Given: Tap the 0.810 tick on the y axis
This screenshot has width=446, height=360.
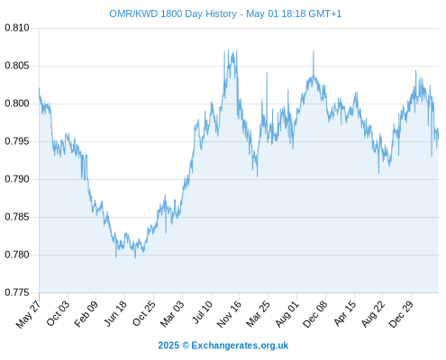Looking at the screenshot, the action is point(17,28).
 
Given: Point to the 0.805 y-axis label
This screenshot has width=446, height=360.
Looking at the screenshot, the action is point(17,66).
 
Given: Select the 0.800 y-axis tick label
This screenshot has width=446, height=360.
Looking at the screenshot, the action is point(17,103).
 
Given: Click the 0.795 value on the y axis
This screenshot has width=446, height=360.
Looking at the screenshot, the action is point(17,141).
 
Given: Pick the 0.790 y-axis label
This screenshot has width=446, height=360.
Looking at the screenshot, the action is point(17,179).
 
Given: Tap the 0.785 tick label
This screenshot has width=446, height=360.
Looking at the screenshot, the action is point(17,217).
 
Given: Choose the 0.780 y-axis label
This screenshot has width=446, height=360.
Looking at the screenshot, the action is point(17,255).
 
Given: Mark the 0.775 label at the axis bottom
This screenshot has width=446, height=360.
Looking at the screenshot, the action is point(17,292).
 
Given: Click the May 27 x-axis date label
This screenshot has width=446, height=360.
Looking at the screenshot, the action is point(28,314).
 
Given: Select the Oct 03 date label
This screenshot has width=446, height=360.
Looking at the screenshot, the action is point(58,313).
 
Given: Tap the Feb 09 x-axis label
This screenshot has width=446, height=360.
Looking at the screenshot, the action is point(86,314).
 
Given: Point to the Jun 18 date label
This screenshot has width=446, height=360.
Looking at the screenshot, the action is point(114,313).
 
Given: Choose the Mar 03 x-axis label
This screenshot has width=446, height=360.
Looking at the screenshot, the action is point(172,314).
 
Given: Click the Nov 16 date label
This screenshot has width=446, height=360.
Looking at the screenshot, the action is point(229,314).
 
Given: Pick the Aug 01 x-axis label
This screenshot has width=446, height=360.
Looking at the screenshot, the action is point(287,314).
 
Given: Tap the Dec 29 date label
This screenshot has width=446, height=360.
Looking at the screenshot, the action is point(401,314).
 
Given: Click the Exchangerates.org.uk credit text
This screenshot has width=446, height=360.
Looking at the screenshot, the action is point(240,346).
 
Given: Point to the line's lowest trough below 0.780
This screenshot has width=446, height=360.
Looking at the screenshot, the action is point(135,257).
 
